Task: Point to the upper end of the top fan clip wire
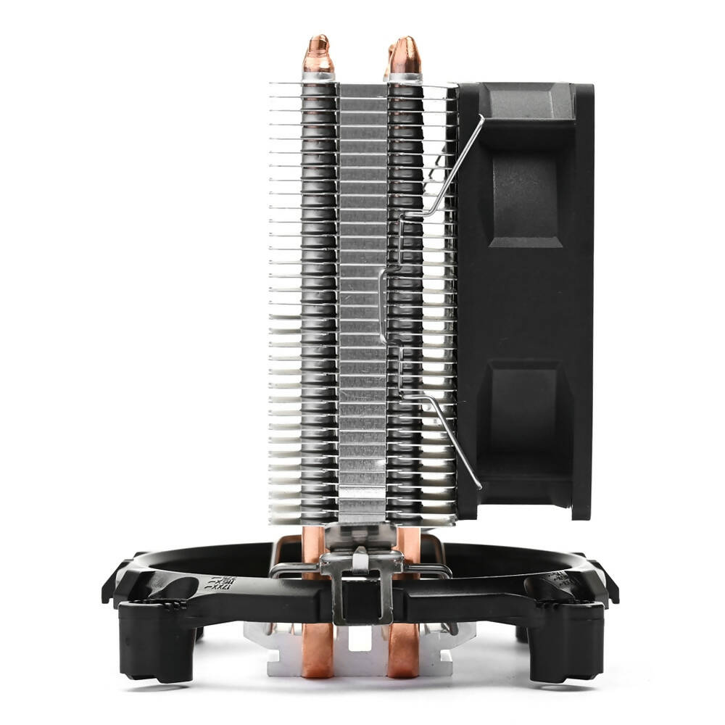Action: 481,118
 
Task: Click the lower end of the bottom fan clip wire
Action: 478,486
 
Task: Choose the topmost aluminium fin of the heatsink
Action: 362,85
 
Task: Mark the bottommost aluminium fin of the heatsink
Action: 362,519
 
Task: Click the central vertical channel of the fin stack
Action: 362,304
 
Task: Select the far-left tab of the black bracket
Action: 110,584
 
